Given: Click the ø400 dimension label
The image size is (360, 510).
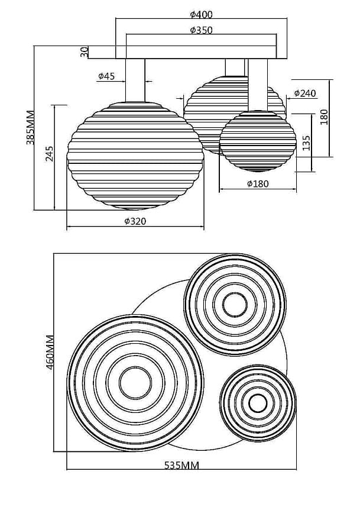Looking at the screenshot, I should tap(202, 15).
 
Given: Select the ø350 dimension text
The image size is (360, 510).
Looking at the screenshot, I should tap(202, 30).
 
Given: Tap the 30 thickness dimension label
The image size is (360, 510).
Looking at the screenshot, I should tap(85, 52).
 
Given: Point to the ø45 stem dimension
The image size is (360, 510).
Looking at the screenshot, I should tap(106, 76).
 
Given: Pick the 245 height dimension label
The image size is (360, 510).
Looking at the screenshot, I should tap(50, 153).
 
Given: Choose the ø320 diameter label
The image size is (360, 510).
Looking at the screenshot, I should tap(135, 221).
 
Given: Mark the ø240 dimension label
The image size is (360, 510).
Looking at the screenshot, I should tap(304, 93).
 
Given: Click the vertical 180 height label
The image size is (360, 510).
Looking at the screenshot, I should tap(324, 117).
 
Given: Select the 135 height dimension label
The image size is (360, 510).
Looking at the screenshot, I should tap(306, 143).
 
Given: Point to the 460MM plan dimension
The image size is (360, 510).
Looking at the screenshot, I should tap(50, 353).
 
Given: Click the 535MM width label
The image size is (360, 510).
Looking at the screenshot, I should tap(181, 465).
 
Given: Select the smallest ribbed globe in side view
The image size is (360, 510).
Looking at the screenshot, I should tap(258, 141).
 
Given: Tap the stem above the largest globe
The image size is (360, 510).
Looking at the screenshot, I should tap(135, 80).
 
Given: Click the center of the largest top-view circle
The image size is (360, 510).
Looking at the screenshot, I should tap(135, 382).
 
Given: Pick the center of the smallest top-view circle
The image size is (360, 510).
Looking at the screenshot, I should tap(258, 404).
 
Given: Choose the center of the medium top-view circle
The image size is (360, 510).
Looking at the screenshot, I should tap(235, 305).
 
